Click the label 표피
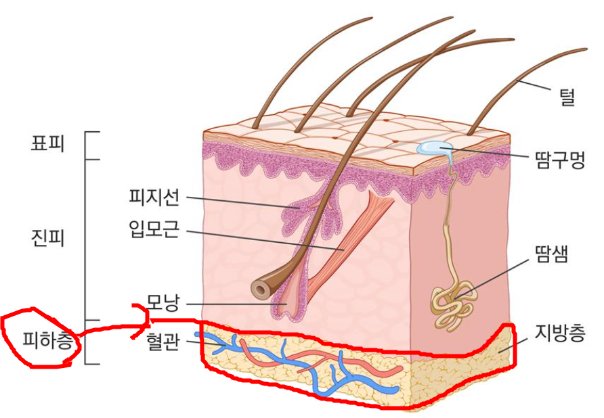pyautogui.click(x=48, y=144)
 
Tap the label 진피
pyautogui.click(x=48, y=238)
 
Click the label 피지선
pyautogui.click(x=154, y=198)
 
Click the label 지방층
pyautogui.click(x=559, y=332)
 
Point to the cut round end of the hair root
pyautogui.click(x=259, y=289)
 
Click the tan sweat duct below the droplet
pyautogui.click(x=448, y=223)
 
